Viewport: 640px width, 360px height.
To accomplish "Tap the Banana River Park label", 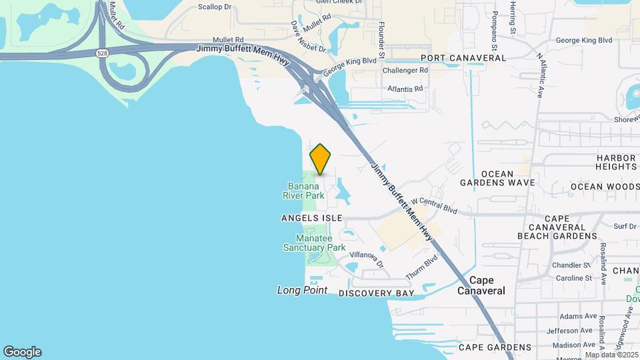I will [306, 191].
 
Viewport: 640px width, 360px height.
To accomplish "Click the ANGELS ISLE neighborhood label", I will [311, 218].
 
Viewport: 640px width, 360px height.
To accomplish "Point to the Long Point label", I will [302, 290].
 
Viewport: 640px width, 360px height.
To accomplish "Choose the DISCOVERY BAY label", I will [376, 293].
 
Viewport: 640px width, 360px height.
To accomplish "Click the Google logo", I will [22, 352].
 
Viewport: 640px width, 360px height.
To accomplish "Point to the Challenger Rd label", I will [405, 70].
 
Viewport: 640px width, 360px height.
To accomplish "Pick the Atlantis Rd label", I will [405, 88].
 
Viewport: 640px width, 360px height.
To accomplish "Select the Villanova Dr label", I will [367, 259].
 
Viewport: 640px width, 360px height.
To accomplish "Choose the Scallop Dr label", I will [215, 7].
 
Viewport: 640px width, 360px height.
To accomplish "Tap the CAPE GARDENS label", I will [495, 347].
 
